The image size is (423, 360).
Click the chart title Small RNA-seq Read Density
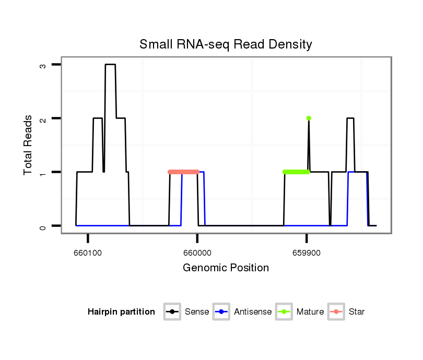226,44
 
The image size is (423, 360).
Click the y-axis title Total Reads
28,145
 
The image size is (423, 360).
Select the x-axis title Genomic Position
226,268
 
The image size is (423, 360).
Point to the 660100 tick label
88,251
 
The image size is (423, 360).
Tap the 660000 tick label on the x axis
197,251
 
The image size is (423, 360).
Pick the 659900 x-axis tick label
306,251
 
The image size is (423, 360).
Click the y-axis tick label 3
42,65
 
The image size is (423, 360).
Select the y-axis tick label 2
42,118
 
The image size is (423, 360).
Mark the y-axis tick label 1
42,172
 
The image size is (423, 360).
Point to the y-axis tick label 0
42,226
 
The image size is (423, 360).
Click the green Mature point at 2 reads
309,118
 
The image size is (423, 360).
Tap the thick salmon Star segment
183,172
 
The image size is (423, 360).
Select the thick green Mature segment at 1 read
296,172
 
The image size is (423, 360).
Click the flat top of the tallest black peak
110,65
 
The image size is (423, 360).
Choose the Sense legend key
172,312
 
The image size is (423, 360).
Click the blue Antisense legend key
222,312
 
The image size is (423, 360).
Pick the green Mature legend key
284,312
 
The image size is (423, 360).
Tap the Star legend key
336,312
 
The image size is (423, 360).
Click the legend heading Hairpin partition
121,312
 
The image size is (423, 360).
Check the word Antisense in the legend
253,312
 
